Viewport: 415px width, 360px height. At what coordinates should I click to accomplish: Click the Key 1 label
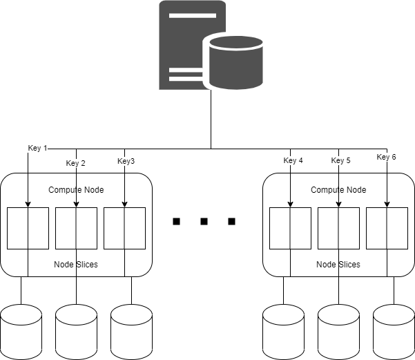click(37, 148)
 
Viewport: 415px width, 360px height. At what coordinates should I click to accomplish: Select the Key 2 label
click(76, 164)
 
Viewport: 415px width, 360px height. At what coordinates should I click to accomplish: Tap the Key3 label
click(126, 161)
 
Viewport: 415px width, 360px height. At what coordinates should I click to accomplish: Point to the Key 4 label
click(293, 161)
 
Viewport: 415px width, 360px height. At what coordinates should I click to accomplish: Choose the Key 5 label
click(341, 161)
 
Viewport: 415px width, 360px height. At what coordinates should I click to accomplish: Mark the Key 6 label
click(386, 157)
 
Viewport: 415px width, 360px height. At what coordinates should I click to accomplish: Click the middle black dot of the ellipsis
click(204, 222)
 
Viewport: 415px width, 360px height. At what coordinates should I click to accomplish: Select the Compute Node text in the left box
click(76, 189)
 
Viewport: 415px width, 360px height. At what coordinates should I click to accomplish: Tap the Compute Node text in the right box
click(338, 189)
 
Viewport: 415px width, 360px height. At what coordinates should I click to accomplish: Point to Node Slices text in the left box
click(76, 265)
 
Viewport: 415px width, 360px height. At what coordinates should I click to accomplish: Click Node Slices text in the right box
click(338, 265)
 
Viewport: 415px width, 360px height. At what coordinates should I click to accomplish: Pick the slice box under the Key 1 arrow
click(28, 228)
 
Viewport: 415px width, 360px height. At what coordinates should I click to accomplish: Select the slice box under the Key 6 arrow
click(387, 228)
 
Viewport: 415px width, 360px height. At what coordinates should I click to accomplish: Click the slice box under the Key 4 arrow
click(290, 228)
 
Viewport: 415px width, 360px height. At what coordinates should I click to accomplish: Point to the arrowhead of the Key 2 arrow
click(76, 204)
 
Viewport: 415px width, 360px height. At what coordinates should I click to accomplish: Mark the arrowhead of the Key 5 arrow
click(338, 204)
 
